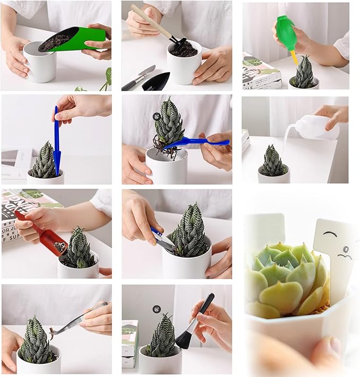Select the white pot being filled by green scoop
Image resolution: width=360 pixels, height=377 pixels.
point(39,64)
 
